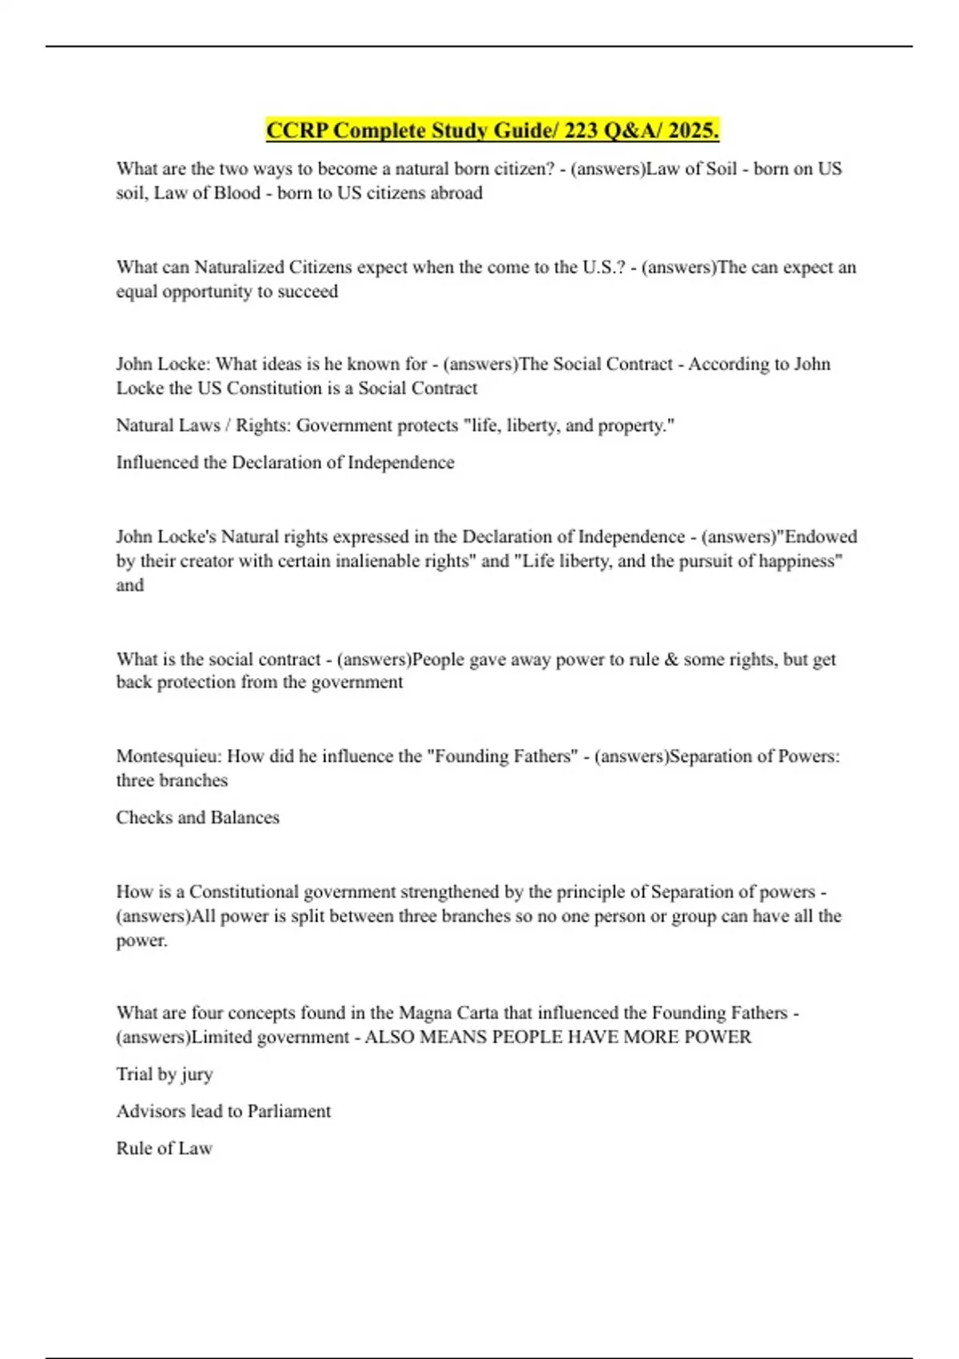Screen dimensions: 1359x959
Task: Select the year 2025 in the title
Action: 693,130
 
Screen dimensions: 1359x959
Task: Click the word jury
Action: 197,1074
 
